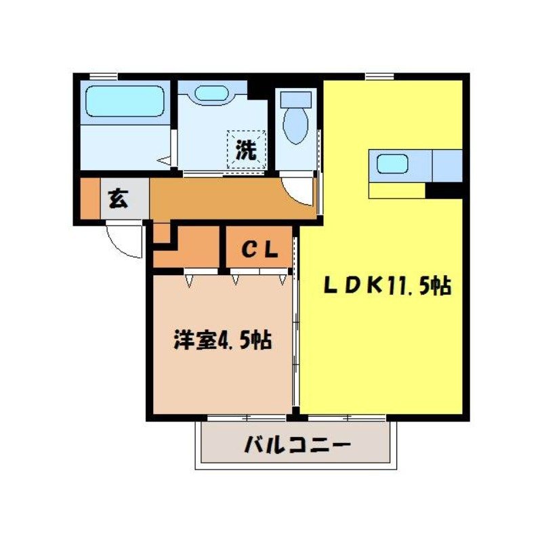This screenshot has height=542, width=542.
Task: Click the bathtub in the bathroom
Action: click(125, 102)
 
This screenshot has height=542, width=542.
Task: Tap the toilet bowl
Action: click(295, 125)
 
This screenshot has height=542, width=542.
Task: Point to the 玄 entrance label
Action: click(119, 199)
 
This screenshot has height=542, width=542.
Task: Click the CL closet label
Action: click(259, 250)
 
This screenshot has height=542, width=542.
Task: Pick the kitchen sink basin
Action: click(392, 164)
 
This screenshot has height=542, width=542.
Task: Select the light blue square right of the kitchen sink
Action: click(447, 165)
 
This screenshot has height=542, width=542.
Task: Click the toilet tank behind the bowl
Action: click(295, 99)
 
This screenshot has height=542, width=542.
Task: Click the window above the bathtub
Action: click(102, 76)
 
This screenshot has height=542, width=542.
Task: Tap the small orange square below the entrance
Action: click(161, 232)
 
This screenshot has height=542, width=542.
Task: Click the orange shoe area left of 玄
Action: click(89, 199)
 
